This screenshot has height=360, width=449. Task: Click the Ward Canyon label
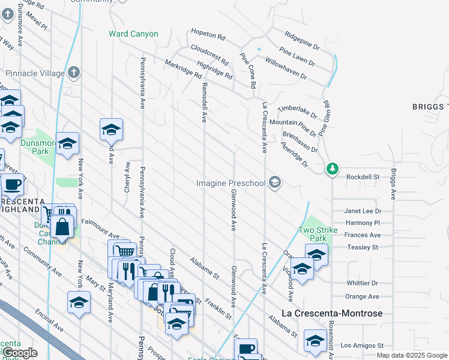click(133, 34)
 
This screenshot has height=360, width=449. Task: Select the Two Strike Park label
click(318, 234)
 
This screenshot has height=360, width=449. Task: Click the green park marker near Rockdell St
click(333, 169)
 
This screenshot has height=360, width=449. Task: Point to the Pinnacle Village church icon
click(73, 73)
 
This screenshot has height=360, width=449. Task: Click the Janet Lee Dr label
click(363, 211)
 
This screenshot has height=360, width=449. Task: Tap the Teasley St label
click(363, 247)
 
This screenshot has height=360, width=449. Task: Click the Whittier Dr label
click(363, 283)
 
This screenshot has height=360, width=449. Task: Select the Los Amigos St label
click(362, 346)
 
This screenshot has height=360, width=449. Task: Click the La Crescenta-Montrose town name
click(332, 313)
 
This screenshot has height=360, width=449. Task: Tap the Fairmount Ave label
click(101, 223)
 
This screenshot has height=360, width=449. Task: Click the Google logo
click(20, 353)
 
